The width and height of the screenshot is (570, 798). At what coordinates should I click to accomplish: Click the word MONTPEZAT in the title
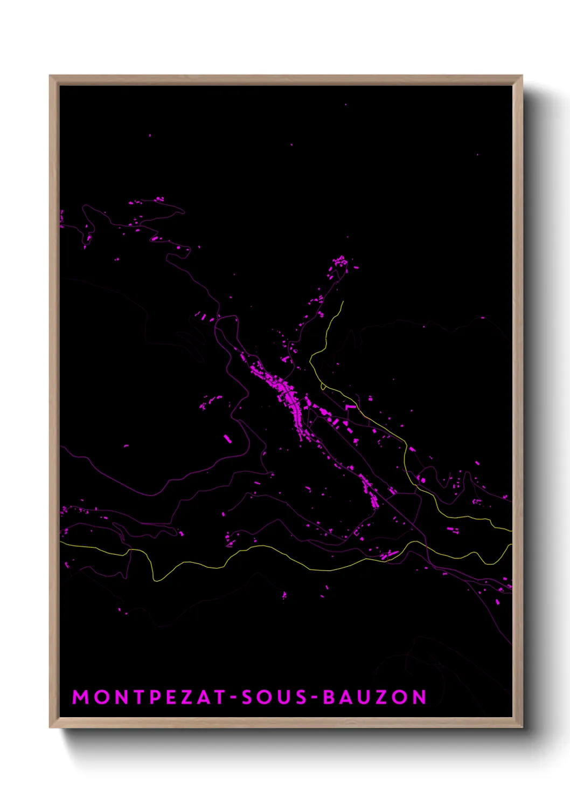pos(149,697)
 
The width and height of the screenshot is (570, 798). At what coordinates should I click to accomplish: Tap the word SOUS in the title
pos(274,697)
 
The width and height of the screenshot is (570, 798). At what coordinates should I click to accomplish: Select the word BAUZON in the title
pos(374,697)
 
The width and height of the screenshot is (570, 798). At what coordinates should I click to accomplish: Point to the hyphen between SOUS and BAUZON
pos(315,698)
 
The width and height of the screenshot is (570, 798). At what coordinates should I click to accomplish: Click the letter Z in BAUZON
pos(381,697)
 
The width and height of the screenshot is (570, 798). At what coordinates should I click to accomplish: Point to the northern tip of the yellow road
pos(343,302)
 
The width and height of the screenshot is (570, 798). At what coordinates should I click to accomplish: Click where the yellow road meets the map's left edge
pos(61,543)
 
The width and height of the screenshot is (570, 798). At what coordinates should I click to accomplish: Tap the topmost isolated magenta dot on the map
pos(345,105)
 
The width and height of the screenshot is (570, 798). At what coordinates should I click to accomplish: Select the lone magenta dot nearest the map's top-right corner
pos(477,155)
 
